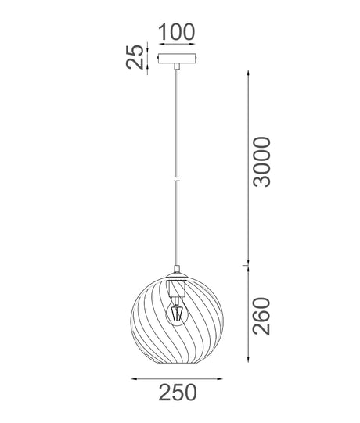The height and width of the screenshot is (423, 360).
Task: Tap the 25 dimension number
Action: pyautogui.click(x=136, y=57)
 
